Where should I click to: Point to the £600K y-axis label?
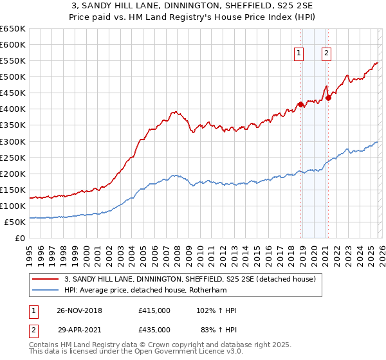13,45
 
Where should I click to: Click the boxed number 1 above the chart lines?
300,54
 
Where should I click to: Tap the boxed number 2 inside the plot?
327,54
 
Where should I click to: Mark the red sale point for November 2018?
300,104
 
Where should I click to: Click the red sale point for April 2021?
327,98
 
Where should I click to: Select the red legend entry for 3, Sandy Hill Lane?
190,279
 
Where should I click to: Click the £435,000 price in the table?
154,329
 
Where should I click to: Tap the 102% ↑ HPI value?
217,310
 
